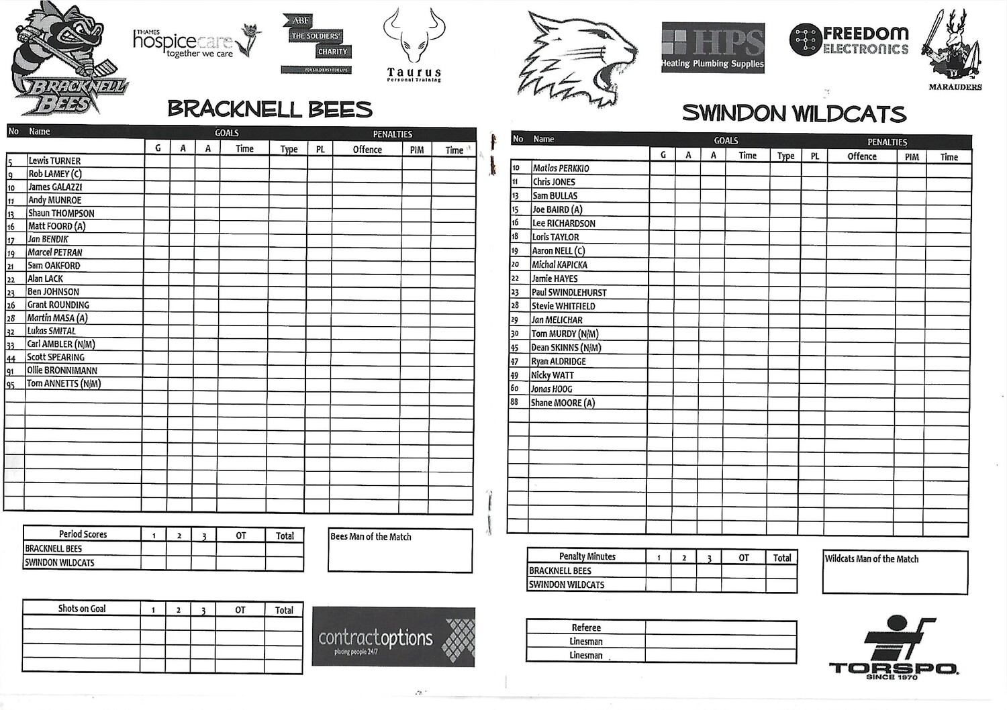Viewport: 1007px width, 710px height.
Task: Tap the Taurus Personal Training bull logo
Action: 414,44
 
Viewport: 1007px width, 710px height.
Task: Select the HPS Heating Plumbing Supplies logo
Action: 712,48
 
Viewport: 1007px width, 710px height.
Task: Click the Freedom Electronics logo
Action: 849,40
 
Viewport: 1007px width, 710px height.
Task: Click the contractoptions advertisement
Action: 393,637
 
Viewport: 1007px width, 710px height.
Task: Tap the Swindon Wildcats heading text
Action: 794,113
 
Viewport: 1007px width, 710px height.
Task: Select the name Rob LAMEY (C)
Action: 55,174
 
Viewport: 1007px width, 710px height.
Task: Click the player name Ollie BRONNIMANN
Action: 62,370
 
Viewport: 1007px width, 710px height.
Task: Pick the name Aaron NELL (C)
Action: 558,251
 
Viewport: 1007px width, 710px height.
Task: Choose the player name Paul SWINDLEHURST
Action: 569,293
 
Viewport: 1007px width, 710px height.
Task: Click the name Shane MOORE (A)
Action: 563,403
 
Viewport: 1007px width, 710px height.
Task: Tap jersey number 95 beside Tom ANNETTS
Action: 11,385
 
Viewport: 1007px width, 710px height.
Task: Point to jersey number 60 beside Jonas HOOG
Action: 515,389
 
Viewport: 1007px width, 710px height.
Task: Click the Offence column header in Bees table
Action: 367,150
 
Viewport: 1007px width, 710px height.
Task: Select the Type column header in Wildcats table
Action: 785,156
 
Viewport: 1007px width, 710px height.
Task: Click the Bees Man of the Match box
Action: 400,551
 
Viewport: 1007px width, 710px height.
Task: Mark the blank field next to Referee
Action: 720,627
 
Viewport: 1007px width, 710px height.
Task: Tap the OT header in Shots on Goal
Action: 240,610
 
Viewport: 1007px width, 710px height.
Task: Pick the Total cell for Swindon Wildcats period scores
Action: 285,563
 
